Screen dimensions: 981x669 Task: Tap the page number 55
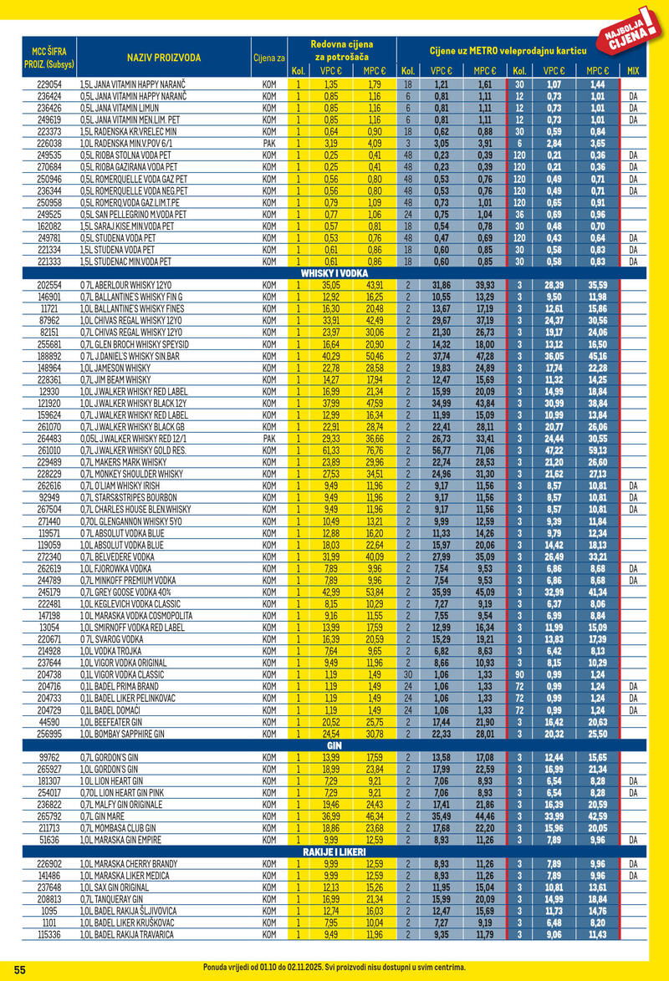pos(20,968)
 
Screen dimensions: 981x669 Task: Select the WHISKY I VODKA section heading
pos(334,273)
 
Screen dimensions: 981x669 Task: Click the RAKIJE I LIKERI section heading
pos(334,851)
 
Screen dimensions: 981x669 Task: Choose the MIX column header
pos(632,71)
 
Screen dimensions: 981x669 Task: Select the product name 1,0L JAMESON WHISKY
pos(115,367)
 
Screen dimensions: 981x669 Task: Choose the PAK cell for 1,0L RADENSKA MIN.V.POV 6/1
pos(269,143)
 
